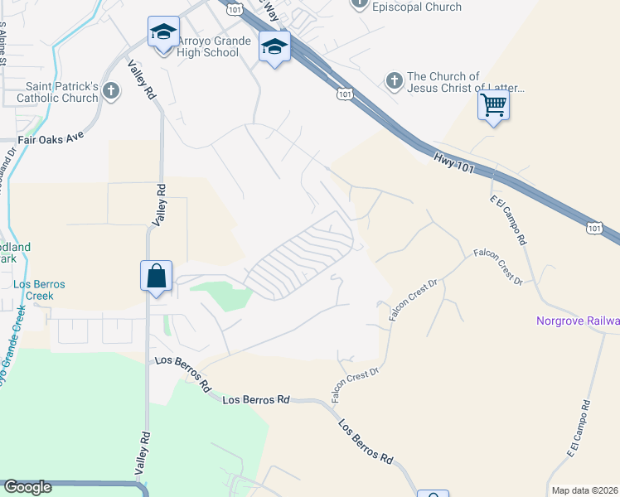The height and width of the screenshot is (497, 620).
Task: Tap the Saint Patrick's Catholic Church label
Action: pos(62,92)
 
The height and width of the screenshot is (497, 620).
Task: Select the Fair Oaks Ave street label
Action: pos(51,139)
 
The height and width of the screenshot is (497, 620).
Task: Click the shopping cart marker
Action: pos(493,106)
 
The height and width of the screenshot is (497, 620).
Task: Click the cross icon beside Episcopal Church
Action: pos(360,4)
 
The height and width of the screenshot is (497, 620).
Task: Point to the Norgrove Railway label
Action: pos(578,321)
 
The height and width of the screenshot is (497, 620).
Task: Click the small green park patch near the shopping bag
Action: pos(220,295)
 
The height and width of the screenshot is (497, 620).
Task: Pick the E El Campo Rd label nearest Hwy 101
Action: pos(509,219)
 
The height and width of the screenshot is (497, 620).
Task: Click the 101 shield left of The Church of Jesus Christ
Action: pos(345,95)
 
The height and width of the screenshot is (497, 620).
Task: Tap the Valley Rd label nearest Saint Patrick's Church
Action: pos(141,81)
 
